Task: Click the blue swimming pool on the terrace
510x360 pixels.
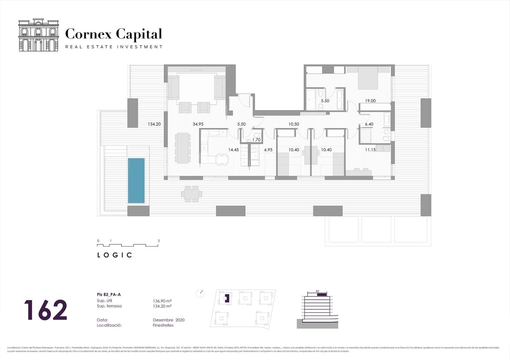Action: pos(136,181)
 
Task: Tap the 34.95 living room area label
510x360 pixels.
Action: pos(198,124)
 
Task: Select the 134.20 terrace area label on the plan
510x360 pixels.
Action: pos(154,124)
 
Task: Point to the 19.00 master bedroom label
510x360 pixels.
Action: pos(370,101)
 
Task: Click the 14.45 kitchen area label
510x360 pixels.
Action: pos(233,150)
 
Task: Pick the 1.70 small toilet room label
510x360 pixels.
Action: pos(256,140)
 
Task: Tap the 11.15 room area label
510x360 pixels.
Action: pos(370,150)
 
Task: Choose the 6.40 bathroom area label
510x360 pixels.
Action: pos(369,124)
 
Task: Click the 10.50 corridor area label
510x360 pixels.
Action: pos(294,124)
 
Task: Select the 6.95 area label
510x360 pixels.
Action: pos(268,150)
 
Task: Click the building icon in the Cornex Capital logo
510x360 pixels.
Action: pos(39,35)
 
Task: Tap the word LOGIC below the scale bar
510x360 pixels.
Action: pos(114,255)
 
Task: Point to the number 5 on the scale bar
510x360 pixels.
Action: pos(159,241)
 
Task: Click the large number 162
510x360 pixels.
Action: pos(46,310)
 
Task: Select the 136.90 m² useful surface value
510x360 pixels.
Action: pos(162,301)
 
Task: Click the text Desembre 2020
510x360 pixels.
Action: pos(169,320)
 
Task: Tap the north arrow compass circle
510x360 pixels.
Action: pos(200,293)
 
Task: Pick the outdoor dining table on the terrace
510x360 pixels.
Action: pos(191,194)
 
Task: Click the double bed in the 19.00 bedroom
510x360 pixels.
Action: pos(368,78)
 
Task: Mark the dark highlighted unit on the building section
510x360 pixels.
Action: pos(322,295)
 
